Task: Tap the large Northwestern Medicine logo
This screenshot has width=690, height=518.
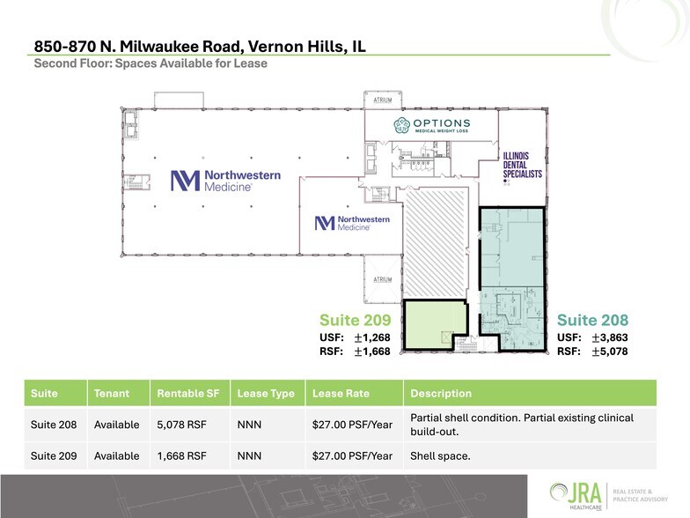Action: (225, 181)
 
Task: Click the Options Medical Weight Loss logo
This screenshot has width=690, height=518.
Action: (431, 126)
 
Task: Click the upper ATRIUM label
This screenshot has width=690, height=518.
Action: (382, 100)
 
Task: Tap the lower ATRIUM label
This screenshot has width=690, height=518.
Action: (382, 279)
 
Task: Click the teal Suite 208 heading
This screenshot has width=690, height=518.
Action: (593, 320)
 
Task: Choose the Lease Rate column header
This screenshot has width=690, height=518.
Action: (341, 394)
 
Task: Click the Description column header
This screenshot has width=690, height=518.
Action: (441, 394)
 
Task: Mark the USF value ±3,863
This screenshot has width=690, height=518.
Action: (607, 337)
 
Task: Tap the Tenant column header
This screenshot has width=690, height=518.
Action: (112, 394)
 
